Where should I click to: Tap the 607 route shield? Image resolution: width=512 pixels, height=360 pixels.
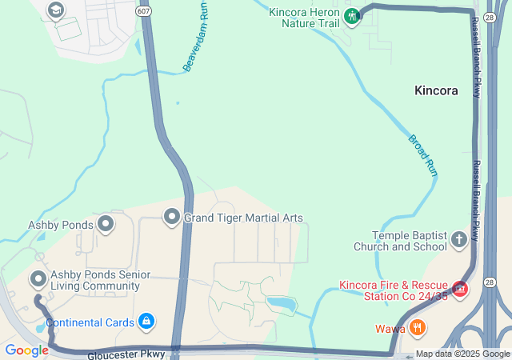143,11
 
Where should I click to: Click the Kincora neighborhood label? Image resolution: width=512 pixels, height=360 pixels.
436,90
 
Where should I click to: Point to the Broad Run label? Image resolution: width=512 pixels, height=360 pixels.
423,155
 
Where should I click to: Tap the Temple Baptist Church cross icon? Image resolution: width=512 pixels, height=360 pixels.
458,239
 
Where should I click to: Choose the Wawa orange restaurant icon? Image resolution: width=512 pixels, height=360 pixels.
417,328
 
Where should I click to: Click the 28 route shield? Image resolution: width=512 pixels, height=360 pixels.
488,282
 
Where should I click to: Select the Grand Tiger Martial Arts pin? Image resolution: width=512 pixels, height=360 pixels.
171,217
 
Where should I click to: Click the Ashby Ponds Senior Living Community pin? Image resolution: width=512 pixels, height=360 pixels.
38,279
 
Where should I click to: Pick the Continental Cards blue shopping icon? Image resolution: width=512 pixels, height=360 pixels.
146,322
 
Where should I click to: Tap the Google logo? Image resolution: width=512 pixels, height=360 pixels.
26,350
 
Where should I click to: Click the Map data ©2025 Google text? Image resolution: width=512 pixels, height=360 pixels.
462,354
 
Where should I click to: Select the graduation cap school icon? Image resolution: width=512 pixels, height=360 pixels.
55,10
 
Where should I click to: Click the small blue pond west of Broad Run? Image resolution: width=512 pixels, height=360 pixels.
281,303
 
